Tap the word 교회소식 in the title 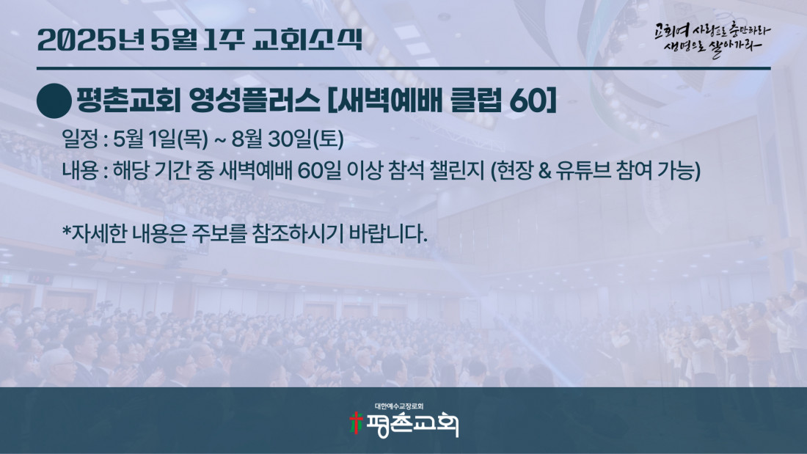(308, 40)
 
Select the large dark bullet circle (54, 101)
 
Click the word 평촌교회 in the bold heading (128, 100)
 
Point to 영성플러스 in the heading (255, 100)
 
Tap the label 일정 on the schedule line (80, 139)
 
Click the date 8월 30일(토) (288, 139)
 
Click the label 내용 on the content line (80, 171)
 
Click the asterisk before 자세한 (66, 231)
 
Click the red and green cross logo (356, 423)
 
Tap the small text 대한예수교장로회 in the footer (399, 406)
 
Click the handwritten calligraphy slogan (712, 39)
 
